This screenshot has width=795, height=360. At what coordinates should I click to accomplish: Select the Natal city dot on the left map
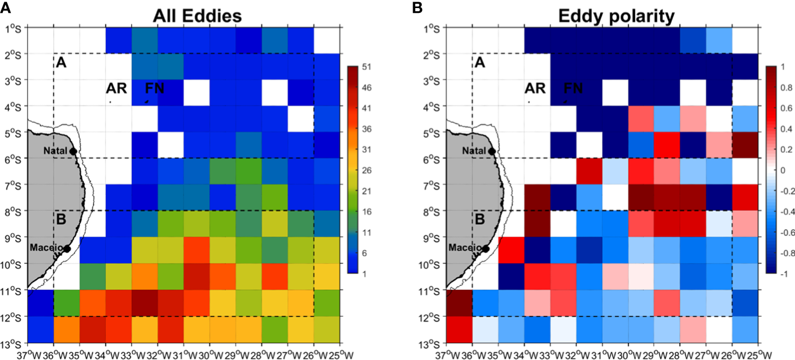72,151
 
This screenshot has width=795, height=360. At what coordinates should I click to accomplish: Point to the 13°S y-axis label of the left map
13,343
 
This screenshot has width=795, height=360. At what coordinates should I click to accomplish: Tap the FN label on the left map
155,88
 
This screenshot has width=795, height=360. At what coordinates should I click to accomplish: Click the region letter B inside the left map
61,220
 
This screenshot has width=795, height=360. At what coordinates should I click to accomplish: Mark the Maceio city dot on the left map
67,248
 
